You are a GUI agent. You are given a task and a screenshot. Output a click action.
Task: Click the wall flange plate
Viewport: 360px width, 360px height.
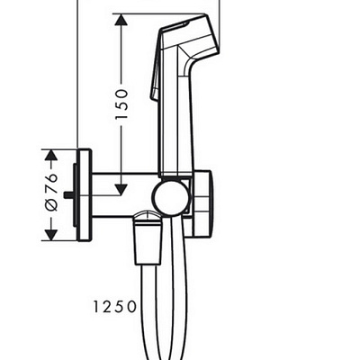pyautogui.click(x=85, y=195)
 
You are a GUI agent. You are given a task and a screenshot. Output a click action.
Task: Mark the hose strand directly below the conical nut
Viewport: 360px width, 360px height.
pyautogui.click(x=148, y=306)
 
